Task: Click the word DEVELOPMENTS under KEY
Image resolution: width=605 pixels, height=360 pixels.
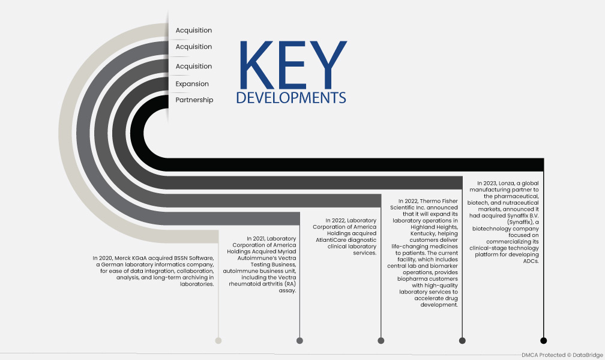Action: point(291,98)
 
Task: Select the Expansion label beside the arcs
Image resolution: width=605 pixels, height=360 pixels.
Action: point(192,84)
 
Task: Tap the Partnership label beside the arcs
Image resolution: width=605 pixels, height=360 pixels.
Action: point(194,100)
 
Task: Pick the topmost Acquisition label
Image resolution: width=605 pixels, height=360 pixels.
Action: point(194,30)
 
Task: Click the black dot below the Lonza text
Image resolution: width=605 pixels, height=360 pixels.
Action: point(543,340)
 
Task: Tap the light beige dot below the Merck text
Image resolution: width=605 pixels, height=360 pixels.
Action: point(218,340)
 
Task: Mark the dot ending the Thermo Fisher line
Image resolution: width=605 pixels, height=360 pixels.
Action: point(462,340)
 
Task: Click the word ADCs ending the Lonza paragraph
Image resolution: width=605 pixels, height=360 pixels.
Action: point(531,261)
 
